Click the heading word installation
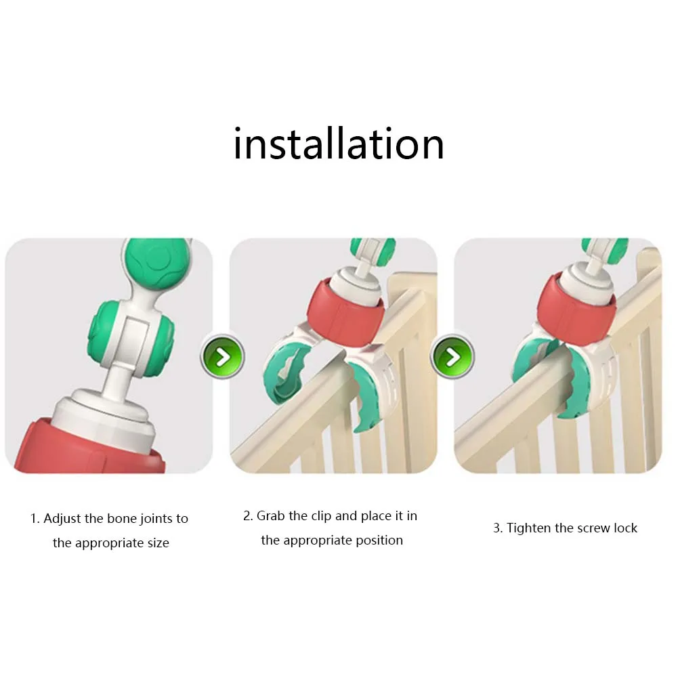[x=339, y=144]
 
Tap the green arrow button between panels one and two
[x=223, y=357]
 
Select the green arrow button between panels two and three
[x=452, y=357]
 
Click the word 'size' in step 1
[x=158, y=543]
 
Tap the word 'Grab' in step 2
[x=271, y=516]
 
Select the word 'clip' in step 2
[x=321, y=517]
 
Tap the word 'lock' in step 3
[x=626, y=528]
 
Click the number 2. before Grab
[x=247, y=516]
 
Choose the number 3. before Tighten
[x=498, y=528]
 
